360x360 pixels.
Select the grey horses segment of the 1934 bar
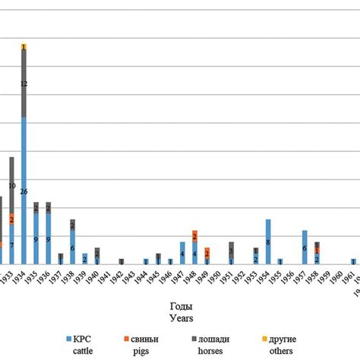(24, 84)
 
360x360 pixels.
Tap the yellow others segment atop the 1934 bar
(24, 47)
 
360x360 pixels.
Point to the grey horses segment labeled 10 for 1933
(12, 185)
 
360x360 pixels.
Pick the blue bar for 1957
(305, 247)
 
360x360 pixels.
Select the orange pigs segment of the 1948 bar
(195, 236)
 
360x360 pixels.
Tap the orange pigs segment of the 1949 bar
(207, 253)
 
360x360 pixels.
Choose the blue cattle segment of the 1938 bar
(73, 248)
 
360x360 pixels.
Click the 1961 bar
(353, 261)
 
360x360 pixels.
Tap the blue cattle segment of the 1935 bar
(36, 238)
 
